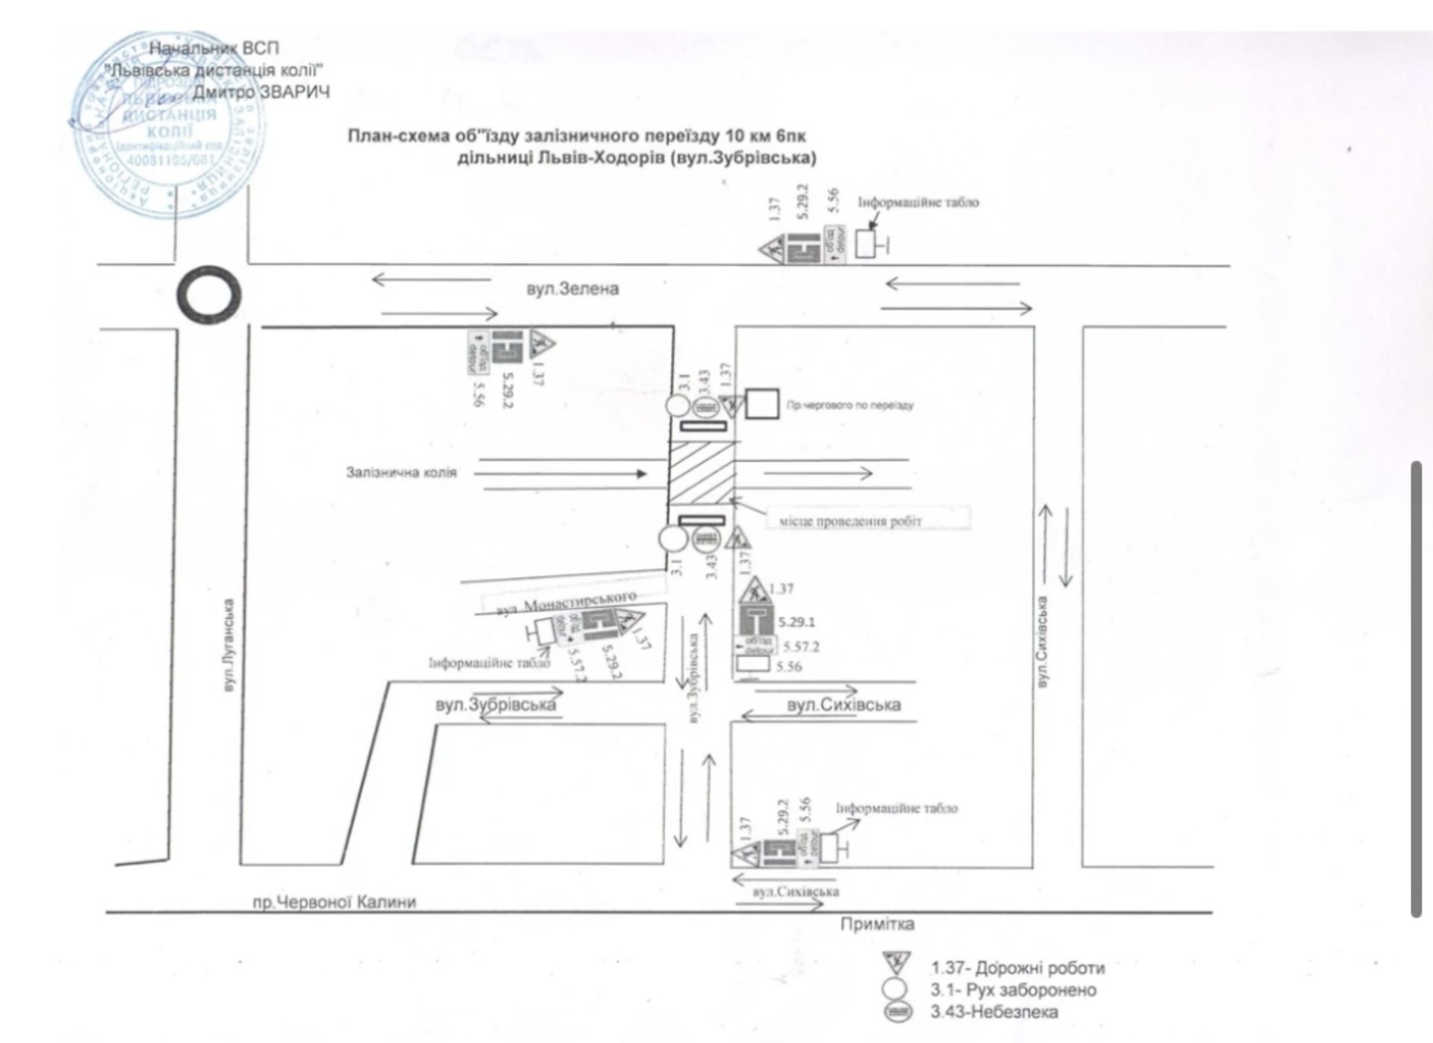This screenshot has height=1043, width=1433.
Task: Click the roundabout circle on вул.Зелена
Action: [209, 296]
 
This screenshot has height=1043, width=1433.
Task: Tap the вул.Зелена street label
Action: [572, 289]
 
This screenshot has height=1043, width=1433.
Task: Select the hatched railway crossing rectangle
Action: [701, 473]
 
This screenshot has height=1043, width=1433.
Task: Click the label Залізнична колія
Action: [401, 473]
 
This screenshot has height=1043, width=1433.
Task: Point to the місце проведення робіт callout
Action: [850, 521]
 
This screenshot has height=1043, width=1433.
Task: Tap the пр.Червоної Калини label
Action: [334, 901]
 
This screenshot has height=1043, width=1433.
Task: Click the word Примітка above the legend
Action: [877, 924]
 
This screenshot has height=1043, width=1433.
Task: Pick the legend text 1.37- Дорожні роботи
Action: [1017, 968]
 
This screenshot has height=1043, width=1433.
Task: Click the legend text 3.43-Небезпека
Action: [994, 1012]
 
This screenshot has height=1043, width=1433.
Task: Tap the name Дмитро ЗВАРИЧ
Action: [261, 92]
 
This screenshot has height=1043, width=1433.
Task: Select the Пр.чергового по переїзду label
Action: [849, 405]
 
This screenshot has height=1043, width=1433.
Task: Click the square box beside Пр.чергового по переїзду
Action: [763, 404]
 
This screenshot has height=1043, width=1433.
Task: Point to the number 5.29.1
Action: [796, 622]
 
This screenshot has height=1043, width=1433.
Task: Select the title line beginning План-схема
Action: [576, 136]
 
